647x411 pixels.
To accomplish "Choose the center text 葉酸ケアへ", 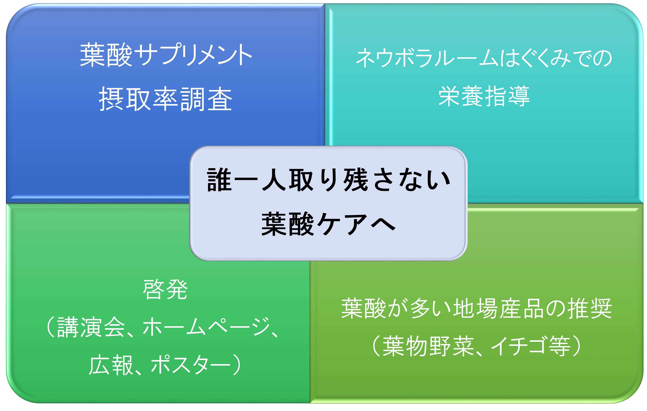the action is click(328, 224).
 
